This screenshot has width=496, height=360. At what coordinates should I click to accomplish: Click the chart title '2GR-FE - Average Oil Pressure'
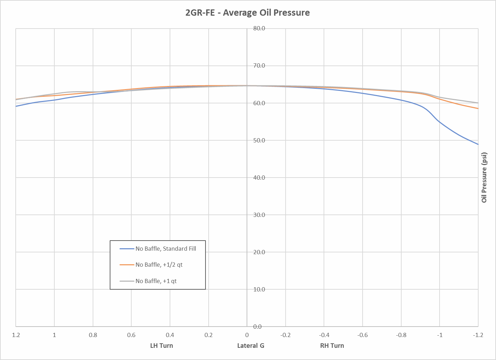pyautogui.click(x=248, y=13)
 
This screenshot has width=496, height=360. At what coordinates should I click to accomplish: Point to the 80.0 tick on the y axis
pyautogui.click(x=259, y=29)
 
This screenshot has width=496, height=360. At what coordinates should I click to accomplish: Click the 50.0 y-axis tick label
pyautogui.click(x=259, y=140)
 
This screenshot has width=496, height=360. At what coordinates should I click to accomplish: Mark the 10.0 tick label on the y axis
pyautogui.click(x=259, y=289)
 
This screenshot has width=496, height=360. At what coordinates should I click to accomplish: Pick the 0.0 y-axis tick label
pyautogui.click(x=257, y=327)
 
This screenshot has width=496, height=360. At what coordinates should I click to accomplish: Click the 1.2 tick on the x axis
pyautogui.click(x=16, y=335)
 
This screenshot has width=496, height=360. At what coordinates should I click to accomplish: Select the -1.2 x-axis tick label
pyautogui.click(x=478, y=335)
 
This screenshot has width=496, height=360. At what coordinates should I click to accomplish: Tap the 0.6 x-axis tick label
pyautogui.click(x=131, y=335)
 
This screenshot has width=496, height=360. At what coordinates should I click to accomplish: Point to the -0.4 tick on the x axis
pyautogui.click(x=324, y=335)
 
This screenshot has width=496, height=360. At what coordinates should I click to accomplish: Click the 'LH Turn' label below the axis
pyautogui.click(x=162, y=346)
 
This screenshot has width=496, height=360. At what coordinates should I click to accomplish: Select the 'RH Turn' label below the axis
pyautogui.click(x=332, y=346)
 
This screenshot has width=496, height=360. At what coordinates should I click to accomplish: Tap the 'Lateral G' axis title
pyautogui.click(x=251, y=346)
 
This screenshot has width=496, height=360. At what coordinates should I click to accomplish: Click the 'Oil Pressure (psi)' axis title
pyautogui.click(x=484, y=178)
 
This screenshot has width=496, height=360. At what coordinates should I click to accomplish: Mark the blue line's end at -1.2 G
pyautogui.click(x=478, y=144)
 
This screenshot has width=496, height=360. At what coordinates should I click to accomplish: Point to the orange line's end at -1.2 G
pyautogui.click(x=478, y=108)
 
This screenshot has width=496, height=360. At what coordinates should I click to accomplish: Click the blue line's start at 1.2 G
pyautogui.click(x=16, y=106)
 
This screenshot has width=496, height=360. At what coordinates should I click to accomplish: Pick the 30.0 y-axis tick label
pyautogui.click(x=259, y=215)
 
